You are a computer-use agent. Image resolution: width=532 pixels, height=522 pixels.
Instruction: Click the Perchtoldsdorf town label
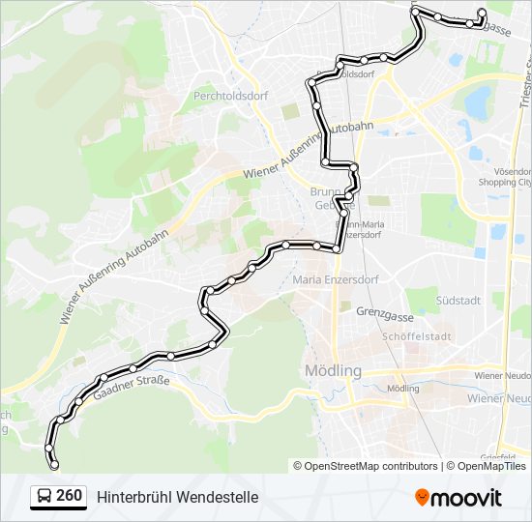coord(229,96)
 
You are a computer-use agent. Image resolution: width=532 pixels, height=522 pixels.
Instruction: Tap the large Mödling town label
coord(333,371)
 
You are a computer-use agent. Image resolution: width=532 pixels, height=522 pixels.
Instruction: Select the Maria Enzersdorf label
coord(335,280)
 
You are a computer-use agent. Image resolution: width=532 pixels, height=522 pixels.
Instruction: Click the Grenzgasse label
coord(384,312)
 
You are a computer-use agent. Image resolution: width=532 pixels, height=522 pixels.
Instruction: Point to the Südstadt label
coord(458,300)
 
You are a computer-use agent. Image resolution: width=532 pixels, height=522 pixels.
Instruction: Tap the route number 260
coord(69,496)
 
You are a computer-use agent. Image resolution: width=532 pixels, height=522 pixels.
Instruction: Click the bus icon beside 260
coord(44,497)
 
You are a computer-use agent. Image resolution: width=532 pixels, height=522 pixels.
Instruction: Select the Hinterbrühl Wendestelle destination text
coord(177,497)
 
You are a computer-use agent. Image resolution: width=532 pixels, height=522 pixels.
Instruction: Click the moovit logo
coord(458,498)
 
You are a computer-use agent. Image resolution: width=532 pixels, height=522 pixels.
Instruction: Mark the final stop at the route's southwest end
coord(54,465)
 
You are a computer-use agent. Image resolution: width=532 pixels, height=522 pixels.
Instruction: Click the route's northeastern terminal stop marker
coord(482,13)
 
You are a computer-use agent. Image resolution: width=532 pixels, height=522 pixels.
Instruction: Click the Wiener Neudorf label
coord(502,374)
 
